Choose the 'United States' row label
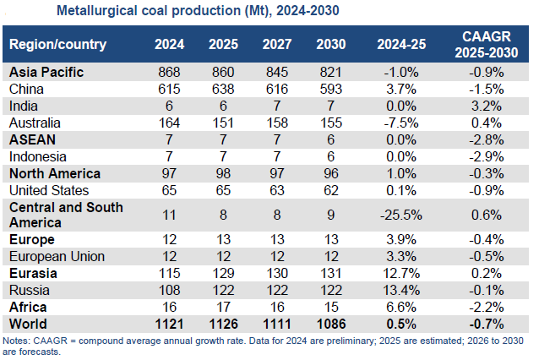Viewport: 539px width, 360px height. [x=45, y=190]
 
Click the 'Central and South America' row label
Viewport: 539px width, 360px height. [x=66, y=215]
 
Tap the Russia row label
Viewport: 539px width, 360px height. [x=28, y=290]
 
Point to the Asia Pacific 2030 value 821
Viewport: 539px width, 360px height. [x=329, y=72]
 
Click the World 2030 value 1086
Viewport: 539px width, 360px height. [x=329, y=324]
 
